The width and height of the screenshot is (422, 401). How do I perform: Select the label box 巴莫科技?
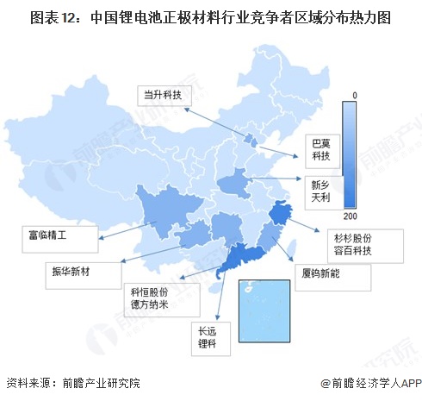[320, 149]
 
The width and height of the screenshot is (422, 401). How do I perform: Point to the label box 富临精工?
[50, 234]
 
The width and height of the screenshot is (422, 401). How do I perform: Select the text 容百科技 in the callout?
[350, 251]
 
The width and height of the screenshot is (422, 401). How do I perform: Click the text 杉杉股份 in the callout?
[350, 235]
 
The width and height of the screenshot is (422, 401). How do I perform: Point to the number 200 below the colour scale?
[351, 215]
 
